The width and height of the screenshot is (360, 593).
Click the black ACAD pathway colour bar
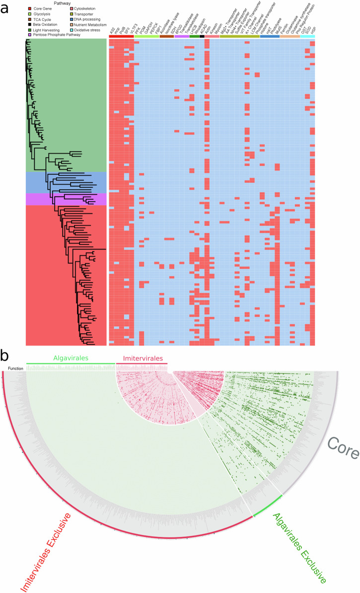202,36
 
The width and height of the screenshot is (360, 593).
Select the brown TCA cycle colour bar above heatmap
167,36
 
